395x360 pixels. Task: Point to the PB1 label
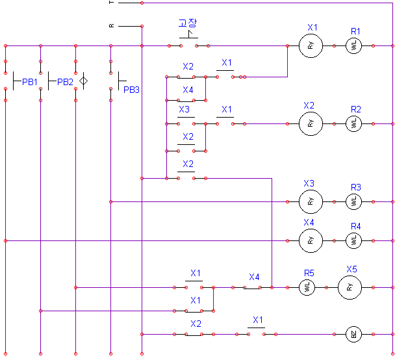coord(30,82)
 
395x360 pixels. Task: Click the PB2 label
coord(65,82)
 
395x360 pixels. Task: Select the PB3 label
coord(131,90)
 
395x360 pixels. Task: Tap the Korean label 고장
coord(188,23)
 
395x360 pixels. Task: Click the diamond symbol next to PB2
coord(83,81)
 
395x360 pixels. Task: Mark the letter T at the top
coord(112,3)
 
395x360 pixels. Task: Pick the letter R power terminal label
coord(112,26)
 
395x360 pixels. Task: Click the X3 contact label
coord(184,109)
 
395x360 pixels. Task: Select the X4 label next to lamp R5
coord(254,277)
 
